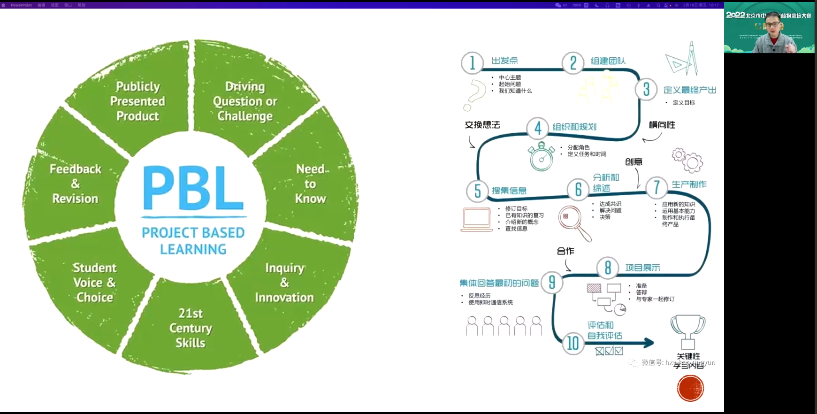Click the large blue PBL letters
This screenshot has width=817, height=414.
pos(193,189)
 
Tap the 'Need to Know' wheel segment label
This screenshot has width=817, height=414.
pos(311,184)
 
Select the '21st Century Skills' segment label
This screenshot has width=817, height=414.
pos(191,328)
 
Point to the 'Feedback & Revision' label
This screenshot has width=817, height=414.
pos(76,184)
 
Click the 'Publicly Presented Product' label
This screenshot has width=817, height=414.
pos(137,101)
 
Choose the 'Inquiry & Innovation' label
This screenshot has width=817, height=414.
pos(284,283)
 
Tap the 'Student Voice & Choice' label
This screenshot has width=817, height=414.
pos(94,283)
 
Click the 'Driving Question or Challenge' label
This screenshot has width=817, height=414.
pos(245,101)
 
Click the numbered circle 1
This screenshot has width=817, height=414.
pos(472,62)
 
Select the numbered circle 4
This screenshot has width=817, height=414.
pos(538,128)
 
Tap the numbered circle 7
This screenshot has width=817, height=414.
pos(657,187)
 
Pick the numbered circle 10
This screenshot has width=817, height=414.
pos(573,343)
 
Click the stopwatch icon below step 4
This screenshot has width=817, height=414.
pos(541,157)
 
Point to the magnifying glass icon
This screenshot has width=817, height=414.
pos(574,223)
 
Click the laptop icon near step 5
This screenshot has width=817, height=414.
pos(477,220)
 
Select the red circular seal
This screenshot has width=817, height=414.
pos(690,388)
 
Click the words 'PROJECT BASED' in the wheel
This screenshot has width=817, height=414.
pos(193,233)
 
